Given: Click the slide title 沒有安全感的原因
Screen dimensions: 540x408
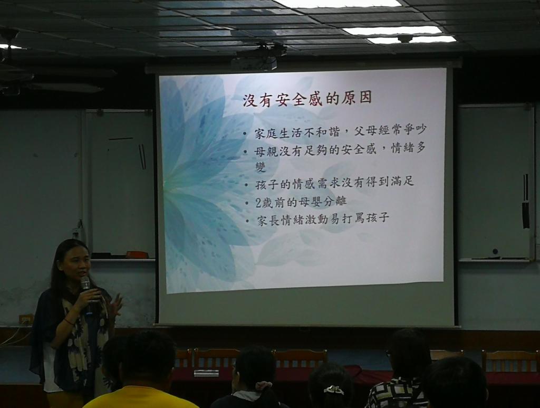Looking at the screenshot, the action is tap(307, 99).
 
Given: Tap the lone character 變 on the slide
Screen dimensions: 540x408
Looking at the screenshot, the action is tap(261, 167).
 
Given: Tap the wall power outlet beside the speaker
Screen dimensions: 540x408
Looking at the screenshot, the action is tap(26, 319).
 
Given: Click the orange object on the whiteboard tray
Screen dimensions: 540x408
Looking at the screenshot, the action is tap(137, 254).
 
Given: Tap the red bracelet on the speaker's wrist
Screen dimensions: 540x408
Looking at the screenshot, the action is tap(69, 322).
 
